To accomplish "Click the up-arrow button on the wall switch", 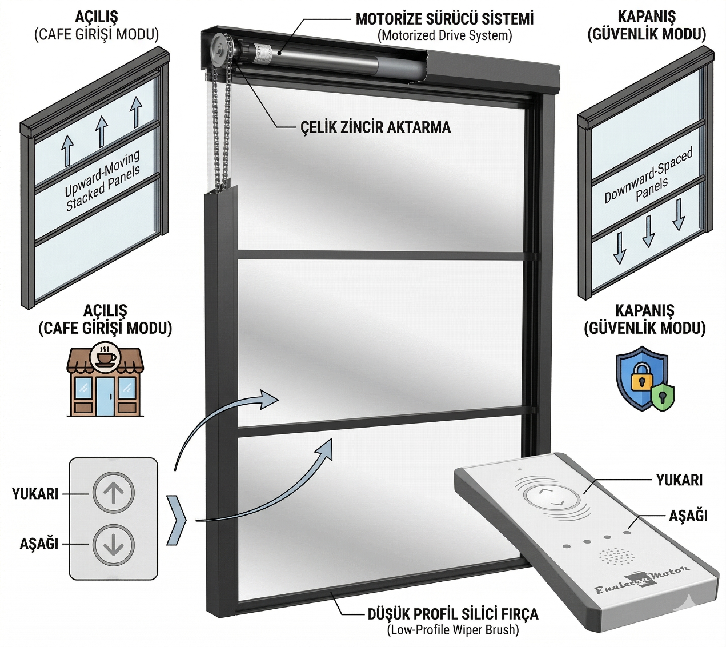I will pos(114,492).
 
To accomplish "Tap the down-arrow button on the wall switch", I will pos(114,544).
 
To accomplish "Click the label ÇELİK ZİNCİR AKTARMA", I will pos(375,127).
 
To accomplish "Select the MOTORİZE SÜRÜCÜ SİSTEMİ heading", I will pos(444,19).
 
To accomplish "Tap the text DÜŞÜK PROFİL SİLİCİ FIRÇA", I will pos(452,614).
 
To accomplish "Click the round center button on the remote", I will pos(552,496).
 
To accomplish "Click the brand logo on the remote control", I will pos(642,581).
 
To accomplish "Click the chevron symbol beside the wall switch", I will pos(177,520).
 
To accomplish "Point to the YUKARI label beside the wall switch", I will pos(35,493).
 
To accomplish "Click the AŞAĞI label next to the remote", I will pos(688,516).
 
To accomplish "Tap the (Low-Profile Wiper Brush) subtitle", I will pos(452,630).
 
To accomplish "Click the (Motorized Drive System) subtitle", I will pos(444,35).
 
